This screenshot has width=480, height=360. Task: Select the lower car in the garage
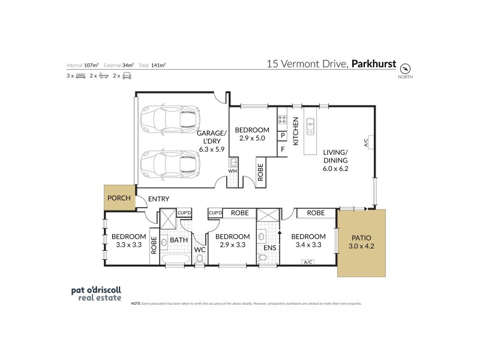point(169,163)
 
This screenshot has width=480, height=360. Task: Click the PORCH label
point(118,198)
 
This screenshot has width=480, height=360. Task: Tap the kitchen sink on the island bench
point(311,124)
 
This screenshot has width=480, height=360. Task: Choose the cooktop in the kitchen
point(281,119)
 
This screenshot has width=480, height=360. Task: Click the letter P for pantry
point(281,136)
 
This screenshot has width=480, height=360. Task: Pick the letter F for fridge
point(281,149)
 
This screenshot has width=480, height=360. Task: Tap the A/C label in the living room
point(365,142)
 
